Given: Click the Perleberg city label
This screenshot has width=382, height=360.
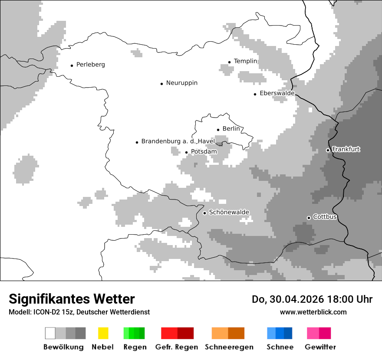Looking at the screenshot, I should pyautogui.click(x=90, y=65).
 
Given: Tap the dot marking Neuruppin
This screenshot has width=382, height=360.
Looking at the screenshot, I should pyautogui.click(x=162, y=84).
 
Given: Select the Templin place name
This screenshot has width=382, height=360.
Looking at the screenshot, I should pyautogui.click(x=245, y=61).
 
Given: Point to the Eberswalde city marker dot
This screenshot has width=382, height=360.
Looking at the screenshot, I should pyautogui.click(x=255, y=94).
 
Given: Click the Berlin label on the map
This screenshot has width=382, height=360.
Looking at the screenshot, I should pyautogui.click(x=231, y=129).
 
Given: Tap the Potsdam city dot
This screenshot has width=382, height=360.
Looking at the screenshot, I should pyautogui.click(x=187, y=152).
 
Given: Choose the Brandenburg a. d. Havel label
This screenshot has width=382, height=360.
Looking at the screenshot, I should pyautogui.click(x=178, y=141).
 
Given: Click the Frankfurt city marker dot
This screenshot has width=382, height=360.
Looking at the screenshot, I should pyautogui.click(x=328, y=150).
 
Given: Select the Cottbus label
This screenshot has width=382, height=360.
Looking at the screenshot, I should pyautogui.click(x=325, y=217).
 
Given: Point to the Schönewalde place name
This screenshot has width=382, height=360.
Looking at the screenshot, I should pyautogui.click(x=229, y=212).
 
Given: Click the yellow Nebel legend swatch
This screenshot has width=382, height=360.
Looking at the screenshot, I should pyautogui.click(x=103, y=333).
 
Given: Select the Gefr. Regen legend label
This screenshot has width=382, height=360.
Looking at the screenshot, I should pyautogui.click(x=177, y=347).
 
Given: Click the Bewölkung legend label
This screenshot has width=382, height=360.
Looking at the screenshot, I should pyautogui.click(x=63, y=347).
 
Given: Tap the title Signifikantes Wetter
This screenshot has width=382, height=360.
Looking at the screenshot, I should pyautogui.click(x=72, y=299).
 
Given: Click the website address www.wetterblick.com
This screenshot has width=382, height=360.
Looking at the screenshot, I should pyautogui.click(x=313, y=312).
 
